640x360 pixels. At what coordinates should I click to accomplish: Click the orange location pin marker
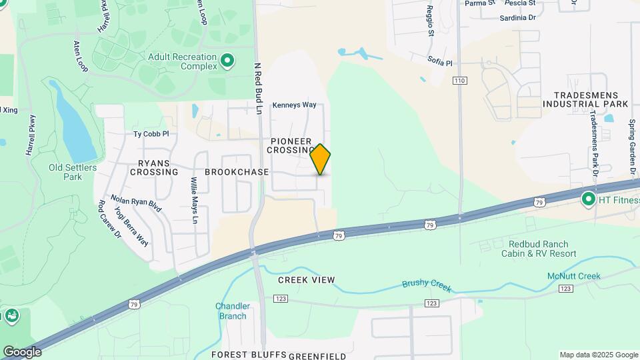tap(321, 159)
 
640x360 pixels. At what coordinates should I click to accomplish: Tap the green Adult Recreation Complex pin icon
tap(227, 62)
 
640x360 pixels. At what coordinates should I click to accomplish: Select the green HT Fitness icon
tap(588, 199)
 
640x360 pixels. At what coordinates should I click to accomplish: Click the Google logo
tap(22, 352)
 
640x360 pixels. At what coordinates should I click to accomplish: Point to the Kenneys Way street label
tap(294, 105)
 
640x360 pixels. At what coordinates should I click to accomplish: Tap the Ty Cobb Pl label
tap(151, 134)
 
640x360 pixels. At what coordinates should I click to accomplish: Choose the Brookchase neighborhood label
tap(237, 172)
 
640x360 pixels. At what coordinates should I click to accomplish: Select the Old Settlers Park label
tap(65, 172)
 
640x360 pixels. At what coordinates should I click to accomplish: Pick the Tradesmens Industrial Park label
tap(585, 100)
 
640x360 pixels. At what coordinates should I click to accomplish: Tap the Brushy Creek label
tap(427, 285)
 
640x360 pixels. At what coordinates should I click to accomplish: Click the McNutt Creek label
tap(575, 276)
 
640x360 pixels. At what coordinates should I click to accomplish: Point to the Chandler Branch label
tap(232, 311)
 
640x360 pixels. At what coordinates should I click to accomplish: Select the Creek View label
tap(307, 279)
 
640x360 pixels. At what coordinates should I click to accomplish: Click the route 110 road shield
tap(459, 81)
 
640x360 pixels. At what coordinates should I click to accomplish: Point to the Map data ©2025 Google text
tap(598, 355)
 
